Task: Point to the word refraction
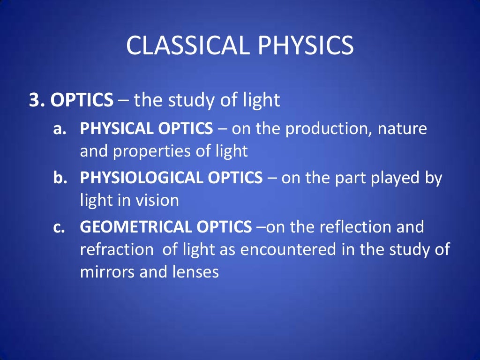pyautogui.click(x=117, y=249)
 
